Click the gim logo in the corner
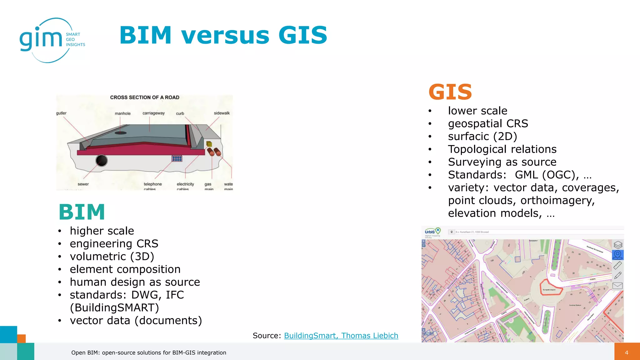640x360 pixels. click(52, 40)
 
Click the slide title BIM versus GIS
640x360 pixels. click(223, 35)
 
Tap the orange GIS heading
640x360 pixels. click(450, 92)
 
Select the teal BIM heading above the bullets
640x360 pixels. click(82, 212)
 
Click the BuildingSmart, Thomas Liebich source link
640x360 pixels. click(341, 336)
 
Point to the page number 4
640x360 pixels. click(626, 352)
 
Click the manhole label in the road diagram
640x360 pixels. click(122, 113)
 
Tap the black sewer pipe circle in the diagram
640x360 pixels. click(102, 161)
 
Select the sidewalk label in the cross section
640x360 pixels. click(222, 113)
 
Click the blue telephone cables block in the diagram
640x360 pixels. click(177, 159)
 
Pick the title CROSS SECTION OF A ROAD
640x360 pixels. click(145, 97)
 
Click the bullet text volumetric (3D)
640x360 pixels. click(112, 257)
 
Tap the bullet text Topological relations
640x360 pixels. click(502, 149)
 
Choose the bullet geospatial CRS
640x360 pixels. click(488, 124)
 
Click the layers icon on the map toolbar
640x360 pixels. click(617, 245)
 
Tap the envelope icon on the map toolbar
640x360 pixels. click(617, 286)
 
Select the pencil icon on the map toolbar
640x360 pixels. click(617, 275)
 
